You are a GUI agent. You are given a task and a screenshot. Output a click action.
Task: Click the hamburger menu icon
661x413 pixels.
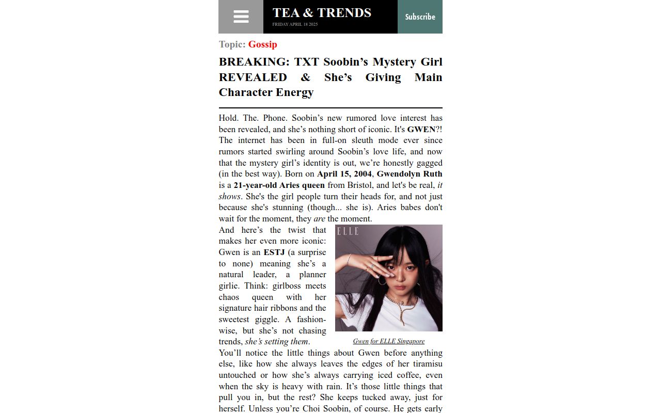(x=241, y=17)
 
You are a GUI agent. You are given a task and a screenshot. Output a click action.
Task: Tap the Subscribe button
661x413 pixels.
(x=420, y=17)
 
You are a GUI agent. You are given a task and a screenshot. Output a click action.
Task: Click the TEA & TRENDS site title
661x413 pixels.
(x=322, y=13)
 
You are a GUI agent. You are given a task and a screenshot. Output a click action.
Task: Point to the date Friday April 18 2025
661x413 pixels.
(x=295, y=24)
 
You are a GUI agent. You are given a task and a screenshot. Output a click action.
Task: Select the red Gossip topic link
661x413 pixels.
(x=262, y=44)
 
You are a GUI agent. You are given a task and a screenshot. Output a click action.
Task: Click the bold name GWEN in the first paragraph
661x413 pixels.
(x=421, y=130)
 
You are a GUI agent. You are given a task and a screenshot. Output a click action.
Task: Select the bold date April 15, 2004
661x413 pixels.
(x=344, y=174)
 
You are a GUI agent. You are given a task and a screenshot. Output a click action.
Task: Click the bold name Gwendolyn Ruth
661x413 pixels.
(x=410, y=174)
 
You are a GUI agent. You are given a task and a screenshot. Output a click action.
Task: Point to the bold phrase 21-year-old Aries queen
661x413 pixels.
(x=279, y=185)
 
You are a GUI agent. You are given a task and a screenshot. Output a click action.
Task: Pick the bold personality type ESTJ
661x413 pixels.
(x=274, y=252)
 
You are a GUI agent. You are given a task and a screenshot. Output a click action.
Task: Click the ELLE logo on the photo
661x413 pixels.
(x=348, y=232)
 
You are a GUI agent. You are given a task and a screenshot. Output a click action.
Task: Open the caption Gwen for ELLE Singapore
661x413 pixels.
(x=389, y=341)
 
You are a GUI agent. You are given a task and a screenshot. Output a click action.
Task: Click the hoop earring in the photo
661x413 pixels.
(x=383, y=280)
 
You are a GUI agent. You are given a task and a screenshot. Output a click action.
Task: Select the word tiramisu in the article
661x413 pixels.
(x=424, y=364)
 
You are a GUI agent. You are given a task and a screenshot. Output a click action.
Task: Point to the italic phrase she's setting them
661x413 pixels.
(x=277, y=342)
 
